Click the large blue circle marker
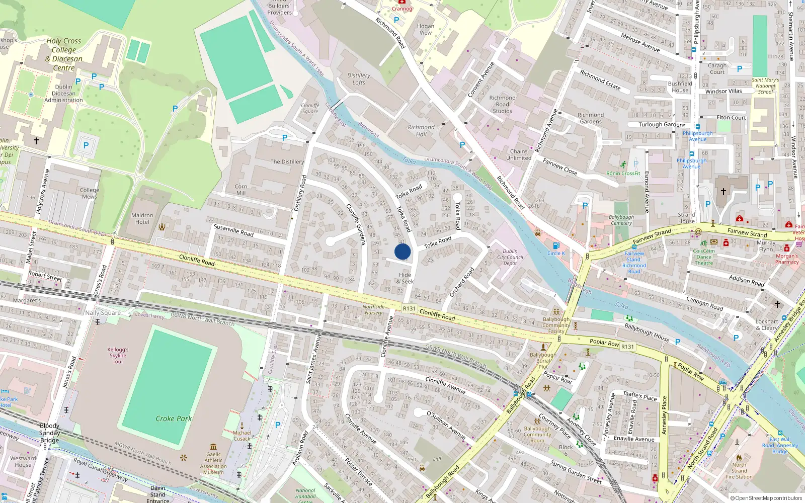[x=403, y=251]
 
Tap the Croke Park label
[x=174, y=418]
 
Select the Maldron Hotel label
[x=142, y=218]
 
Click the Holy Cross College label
[x=64, y=54]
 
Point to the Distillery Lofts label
[x=359, y=79]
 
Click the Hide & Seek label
[x=405, y=278]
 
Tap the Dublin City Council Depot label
[x=510, y=257]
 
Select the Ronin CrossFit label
[x=623, y=174]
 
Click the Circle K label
[x=556, y=253]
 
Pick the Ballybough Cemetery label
[x=621, y=220]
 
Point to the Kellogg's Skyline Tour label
[x=118, y=355]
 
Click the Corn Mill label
[x=241, y=190]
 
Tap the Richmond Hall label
[x=421, y=131]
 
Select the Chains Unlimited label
[x=519, y=154]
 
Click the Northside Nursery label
[x=373, y=309]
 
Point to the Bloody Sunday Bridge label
[x=49, y=433]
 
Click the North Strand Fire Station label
[x=739, y=471]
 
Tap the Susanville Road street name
[x=233, y=230]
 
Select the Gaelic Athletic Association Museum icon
[x=213, y=447]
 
